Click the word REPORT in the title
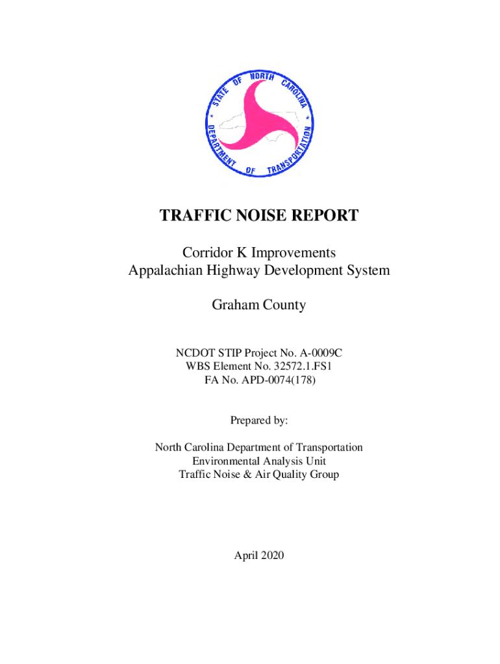tap(326, 216)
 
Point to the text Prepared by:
tap(258, 421)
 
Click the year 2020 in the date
tap(271, 555)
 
